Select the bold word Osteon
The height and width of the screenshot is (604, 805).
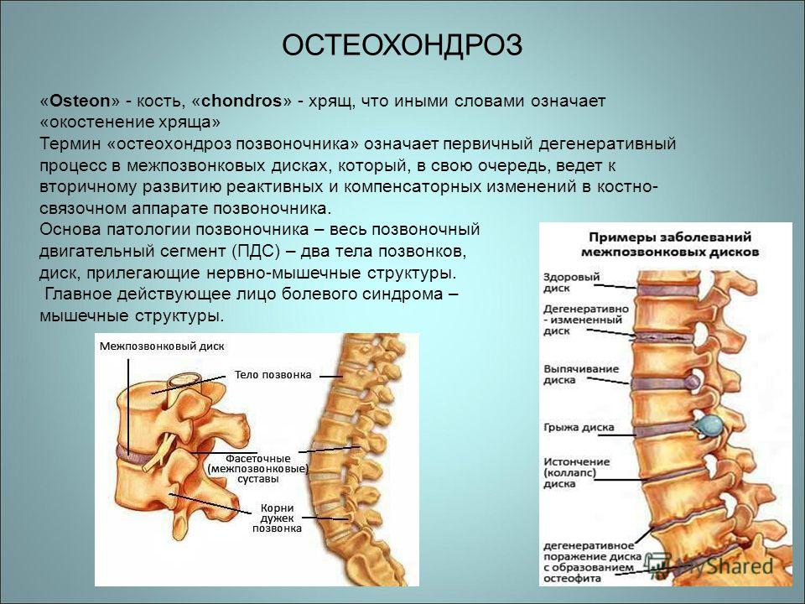pos(80,102)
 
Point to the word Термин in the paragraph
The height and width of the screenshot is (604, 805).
pos(71,143)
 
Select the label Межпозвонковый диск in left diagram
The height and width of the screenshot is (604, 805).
pos(163,345)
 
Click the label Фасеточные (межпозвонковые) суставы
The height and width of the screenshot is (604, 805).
pos(258,468)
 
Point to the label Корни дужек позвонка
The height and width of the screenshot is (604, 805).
pos(277,518)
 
